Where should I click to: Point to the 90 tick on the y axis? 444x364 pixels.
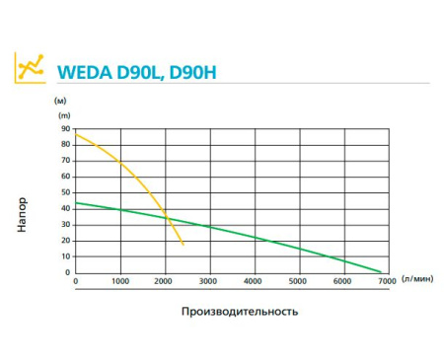point(65,129)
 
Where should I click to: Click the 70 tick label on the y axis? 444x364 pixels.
point(65,161)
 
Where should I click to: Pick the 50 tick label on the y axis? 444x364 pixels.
point(65,192)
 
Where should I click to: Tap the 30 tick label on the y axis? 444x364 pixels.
point(65,225)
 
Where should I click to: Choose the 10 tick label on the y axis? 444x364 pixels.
point(65,256)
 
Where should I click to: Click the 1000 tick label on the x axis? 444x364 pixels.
point(120,283)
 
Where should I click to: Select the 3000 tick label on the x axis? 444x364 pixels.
point(209,283)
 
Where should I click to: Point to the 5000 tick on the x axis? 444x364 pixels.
point(297,283)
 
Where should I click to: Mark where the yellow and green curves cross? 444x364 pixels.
point(167,218)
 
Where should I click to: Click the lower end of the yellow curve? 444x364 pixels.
point(184,244)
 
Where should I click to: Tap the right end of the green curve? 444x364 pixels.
point(381,270)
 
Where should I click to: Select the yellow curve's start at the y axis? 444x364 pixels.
point(77,134)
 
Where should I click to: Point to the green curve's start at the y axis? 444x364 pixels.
point(77,203)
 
